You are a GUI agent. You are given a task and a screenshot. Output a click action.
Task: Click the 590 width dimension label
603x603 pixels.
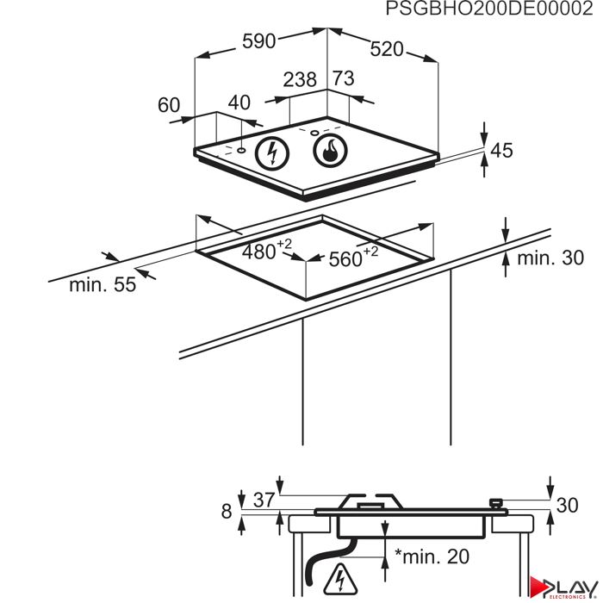(x=258, y=41)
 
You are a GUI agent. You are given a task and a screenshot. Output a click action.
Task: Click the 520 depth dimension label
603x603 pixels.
(x=387, y=49)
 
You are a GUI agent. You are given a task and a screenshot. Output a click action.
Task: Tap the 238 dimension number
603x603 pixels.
(x=300, y=79)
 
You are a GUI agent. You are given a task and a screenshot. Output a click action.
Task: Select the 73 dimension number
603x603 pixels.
(x=344, y=78)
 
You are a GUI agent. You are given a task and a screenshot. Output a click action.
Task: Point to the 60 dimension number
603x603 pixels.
(x=169, y=105)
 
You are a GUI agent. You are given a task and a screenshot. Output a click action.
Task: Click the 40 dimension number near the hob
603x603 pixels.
(x=239, y=103)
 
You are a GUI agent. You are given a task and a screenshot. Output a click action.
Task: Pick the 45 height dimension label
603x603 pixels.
(x=502, y=151)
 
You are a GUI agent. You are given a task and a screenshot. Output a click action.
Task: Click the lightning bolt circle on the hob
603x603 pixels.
(x=273, y=153)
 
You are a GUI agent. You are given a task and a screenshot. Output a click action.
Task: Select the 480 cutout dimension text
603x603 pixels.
(x=267, y=250)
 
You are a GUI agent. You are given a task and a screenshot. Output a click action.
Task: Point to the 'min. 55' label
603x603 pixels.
(x=103, y=285)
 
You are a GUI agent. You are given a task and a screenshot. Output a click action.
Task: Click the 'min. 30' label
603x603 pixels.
(x=550, y=258)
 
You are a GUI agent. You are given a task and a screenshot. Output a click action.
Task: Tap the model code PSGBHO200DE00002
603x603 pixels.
(x=489, y=9)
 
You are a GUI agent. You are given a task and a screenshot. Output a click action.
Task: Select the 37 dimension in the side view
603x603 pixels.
(x=264, y=500)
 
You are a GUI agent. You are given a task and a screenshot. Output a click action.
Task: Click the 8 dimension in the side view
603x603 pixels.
(x=227, y=511)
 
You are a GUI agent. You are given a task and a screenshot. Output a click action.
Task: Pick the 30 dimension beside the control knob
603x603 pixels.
(x=567, y=506)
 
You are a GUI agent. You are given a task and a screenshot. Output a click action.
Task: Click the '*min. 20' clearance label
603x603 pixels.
(x=432, y=556)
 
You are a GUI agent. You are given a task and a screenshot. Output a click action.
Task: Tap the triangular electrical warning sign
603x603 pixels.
(x=340, y=580)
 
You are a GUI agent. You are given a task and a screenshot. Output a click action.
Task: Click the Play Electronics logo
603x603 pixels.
(x=563, y=587)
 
